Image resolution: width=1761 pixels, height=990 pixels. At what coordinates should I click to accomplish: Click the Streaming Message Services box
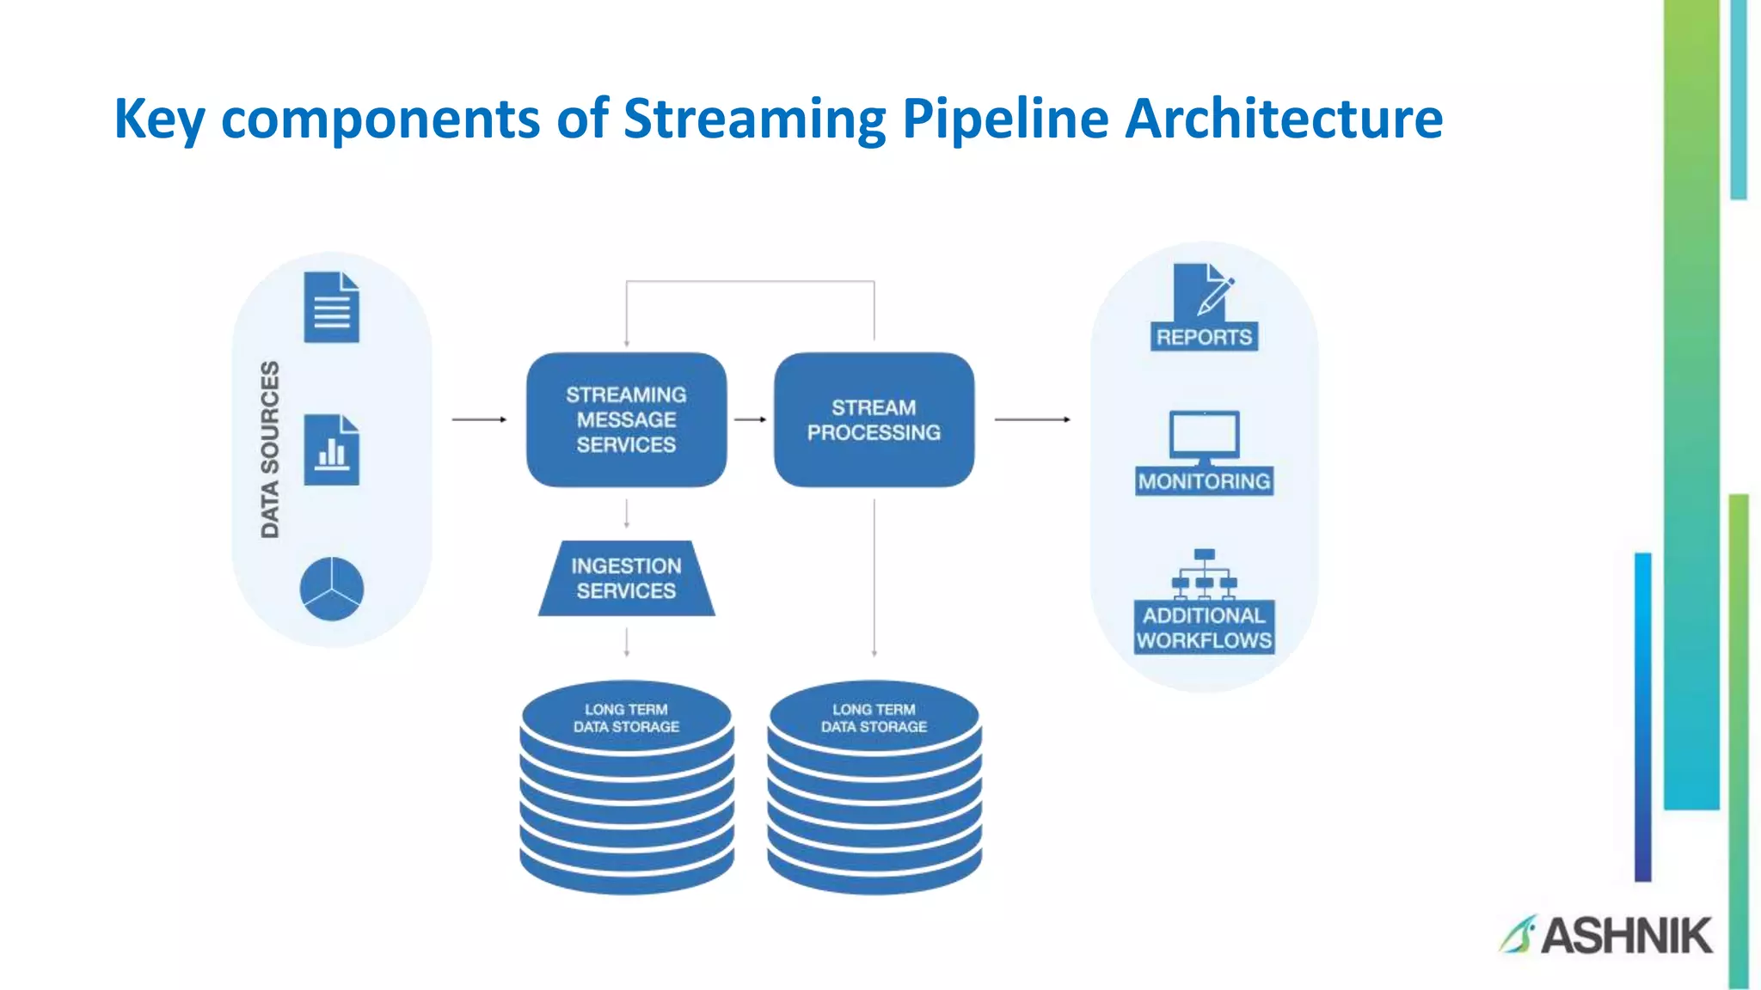(x=626, y=419)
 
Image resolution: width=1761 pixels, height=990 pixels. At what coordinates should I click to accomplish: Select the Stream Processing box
(x=874, y=419)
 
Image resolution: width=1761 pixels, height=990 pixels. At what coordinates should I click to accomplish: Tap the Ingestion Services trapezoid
(x=626, y=578)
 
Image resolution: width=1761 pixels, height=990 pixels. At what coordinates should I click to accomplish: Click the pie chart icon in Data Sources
(x=332, y=589)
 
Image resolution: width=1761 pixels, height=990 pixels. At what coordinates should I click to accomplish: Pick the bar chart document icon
(x=331, y=450)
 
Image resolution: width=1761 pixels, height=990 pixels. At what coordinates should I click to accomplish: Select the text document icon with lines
(x=331, y=308)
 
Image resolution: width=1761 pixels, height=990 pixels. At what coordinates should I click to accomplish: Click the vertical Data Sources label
(x=270, y=449)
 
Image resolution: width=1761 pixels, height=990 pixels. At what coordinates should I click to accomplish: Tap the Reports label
(x=1204, y=337)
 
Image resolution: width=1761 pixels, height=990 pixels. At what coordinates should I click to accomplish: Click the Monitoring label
(x=1204, y=481)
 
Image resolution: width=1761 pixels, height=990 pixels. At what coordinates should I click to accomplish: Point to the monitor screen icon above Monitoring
(x=1204, y=435)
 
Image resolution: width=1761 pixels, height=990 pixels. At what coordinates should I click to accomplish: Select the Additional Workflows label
(x=1204, y=627)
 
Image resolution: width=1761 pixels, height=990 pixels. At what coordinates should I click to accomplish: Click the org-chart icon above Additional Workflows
(x=1204, y=572)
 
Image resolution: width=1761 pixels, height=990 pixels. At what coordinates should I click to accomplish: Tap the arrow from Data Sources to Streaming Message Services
(x=479, y=419)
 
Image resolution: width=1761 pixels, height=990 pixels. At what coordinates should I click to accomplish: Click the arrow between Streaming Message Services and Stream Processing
(x=750, y=419)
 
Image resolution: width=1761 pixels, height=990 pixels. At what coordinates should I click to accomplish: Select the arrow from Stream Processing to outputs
(x=1032, y=419)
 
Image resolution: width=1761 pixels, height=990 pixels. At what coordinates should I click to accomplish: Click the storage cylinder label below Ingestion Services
(x=626, y=718)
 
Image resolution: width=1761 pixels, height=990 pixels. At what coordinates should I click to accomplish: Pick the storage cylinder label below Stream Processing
(x=874, y=718)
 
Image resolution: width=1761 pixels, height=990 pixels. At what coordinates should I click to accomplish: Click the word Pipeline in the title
(x=1005, y=118)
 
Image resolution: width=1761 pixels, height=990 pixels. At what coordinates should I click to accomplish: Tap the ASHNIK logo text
(x=1625, y=935)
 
